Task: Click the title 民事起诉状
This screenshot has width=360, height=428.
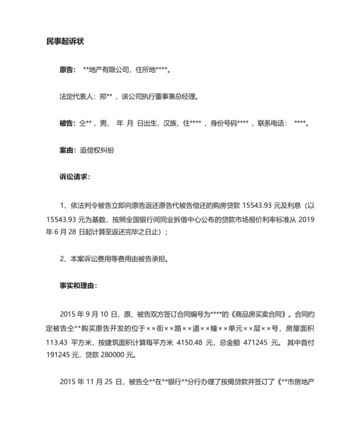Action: tap(66, 42)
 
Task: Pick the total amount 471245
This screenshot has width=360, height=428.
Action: tap(261, 340)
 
